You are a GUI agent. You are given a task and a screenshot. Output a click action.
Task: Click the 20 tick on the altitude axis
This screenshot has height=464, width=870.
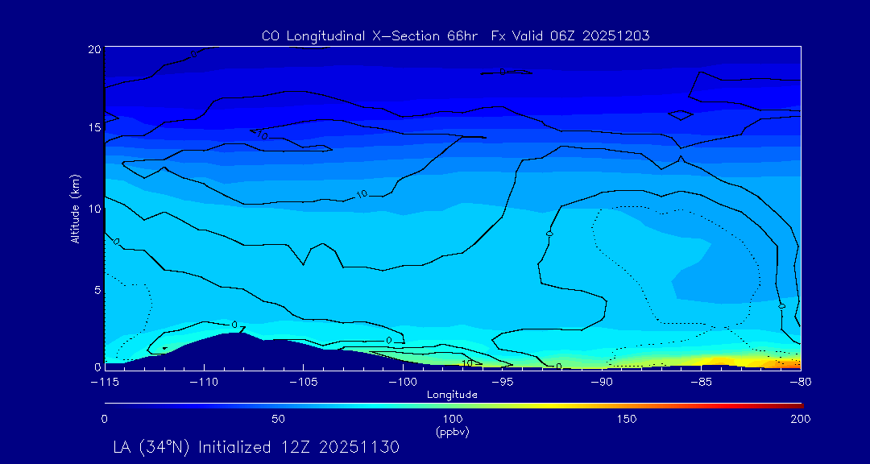coord(94,49)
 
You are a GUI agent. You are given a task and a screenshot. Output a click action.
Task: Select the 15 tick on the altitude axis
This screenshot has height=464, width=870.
coord(94,128)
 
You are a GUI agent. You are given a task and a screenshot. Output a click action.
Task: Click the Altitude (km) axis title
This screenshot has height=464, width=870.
coord(75,208)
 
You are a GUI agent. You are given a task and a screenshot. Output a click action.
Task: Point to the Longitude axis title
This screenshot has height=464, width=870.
coord(452,395)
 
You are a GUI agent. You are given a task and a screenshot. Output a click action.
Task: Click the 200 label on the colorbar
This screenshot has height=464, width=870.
coord(800,419)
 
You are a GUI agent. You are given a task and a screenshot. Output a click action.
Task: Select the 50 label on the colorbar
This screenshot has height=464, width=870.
coord(278,419)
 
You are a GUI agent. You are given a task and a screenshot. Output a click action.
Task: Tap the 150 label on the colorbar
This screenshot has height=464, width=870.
coord(626,419)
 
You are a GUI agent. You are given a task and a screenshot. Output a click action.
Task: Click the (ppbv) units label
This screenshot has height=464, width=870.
coord(452,432)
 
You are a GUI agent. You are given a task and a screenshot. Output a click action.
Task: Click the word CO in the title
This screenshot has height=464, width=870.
coord(270,35)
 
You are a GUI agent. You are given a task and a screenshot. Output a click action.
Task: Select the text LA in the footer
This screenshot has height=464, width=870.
coord(123,446)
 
